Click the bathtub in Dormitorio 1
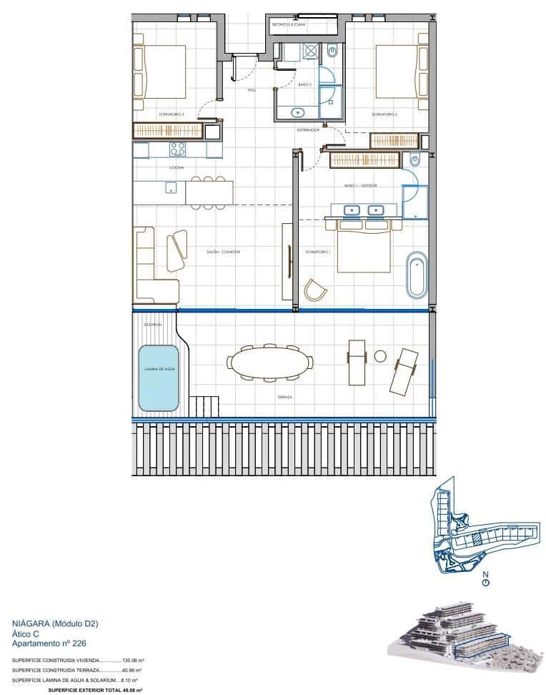(x=416, y=275)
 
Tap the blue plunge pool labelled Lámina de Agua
(x=158, y=378)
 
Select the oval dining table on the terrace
(x=270, y=363)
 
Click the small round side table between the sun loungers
(x=380, y=356)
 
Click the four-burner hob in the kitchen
(x=177, y=149)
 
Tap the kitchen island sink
(x=171, y=188)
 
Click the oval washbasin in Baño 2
(x=298, y=112)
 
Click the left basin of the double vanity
(x=352, y=210)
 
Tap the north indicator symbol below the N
(x=486, y=583)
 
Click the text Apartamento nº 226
(x=49, y=643)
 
